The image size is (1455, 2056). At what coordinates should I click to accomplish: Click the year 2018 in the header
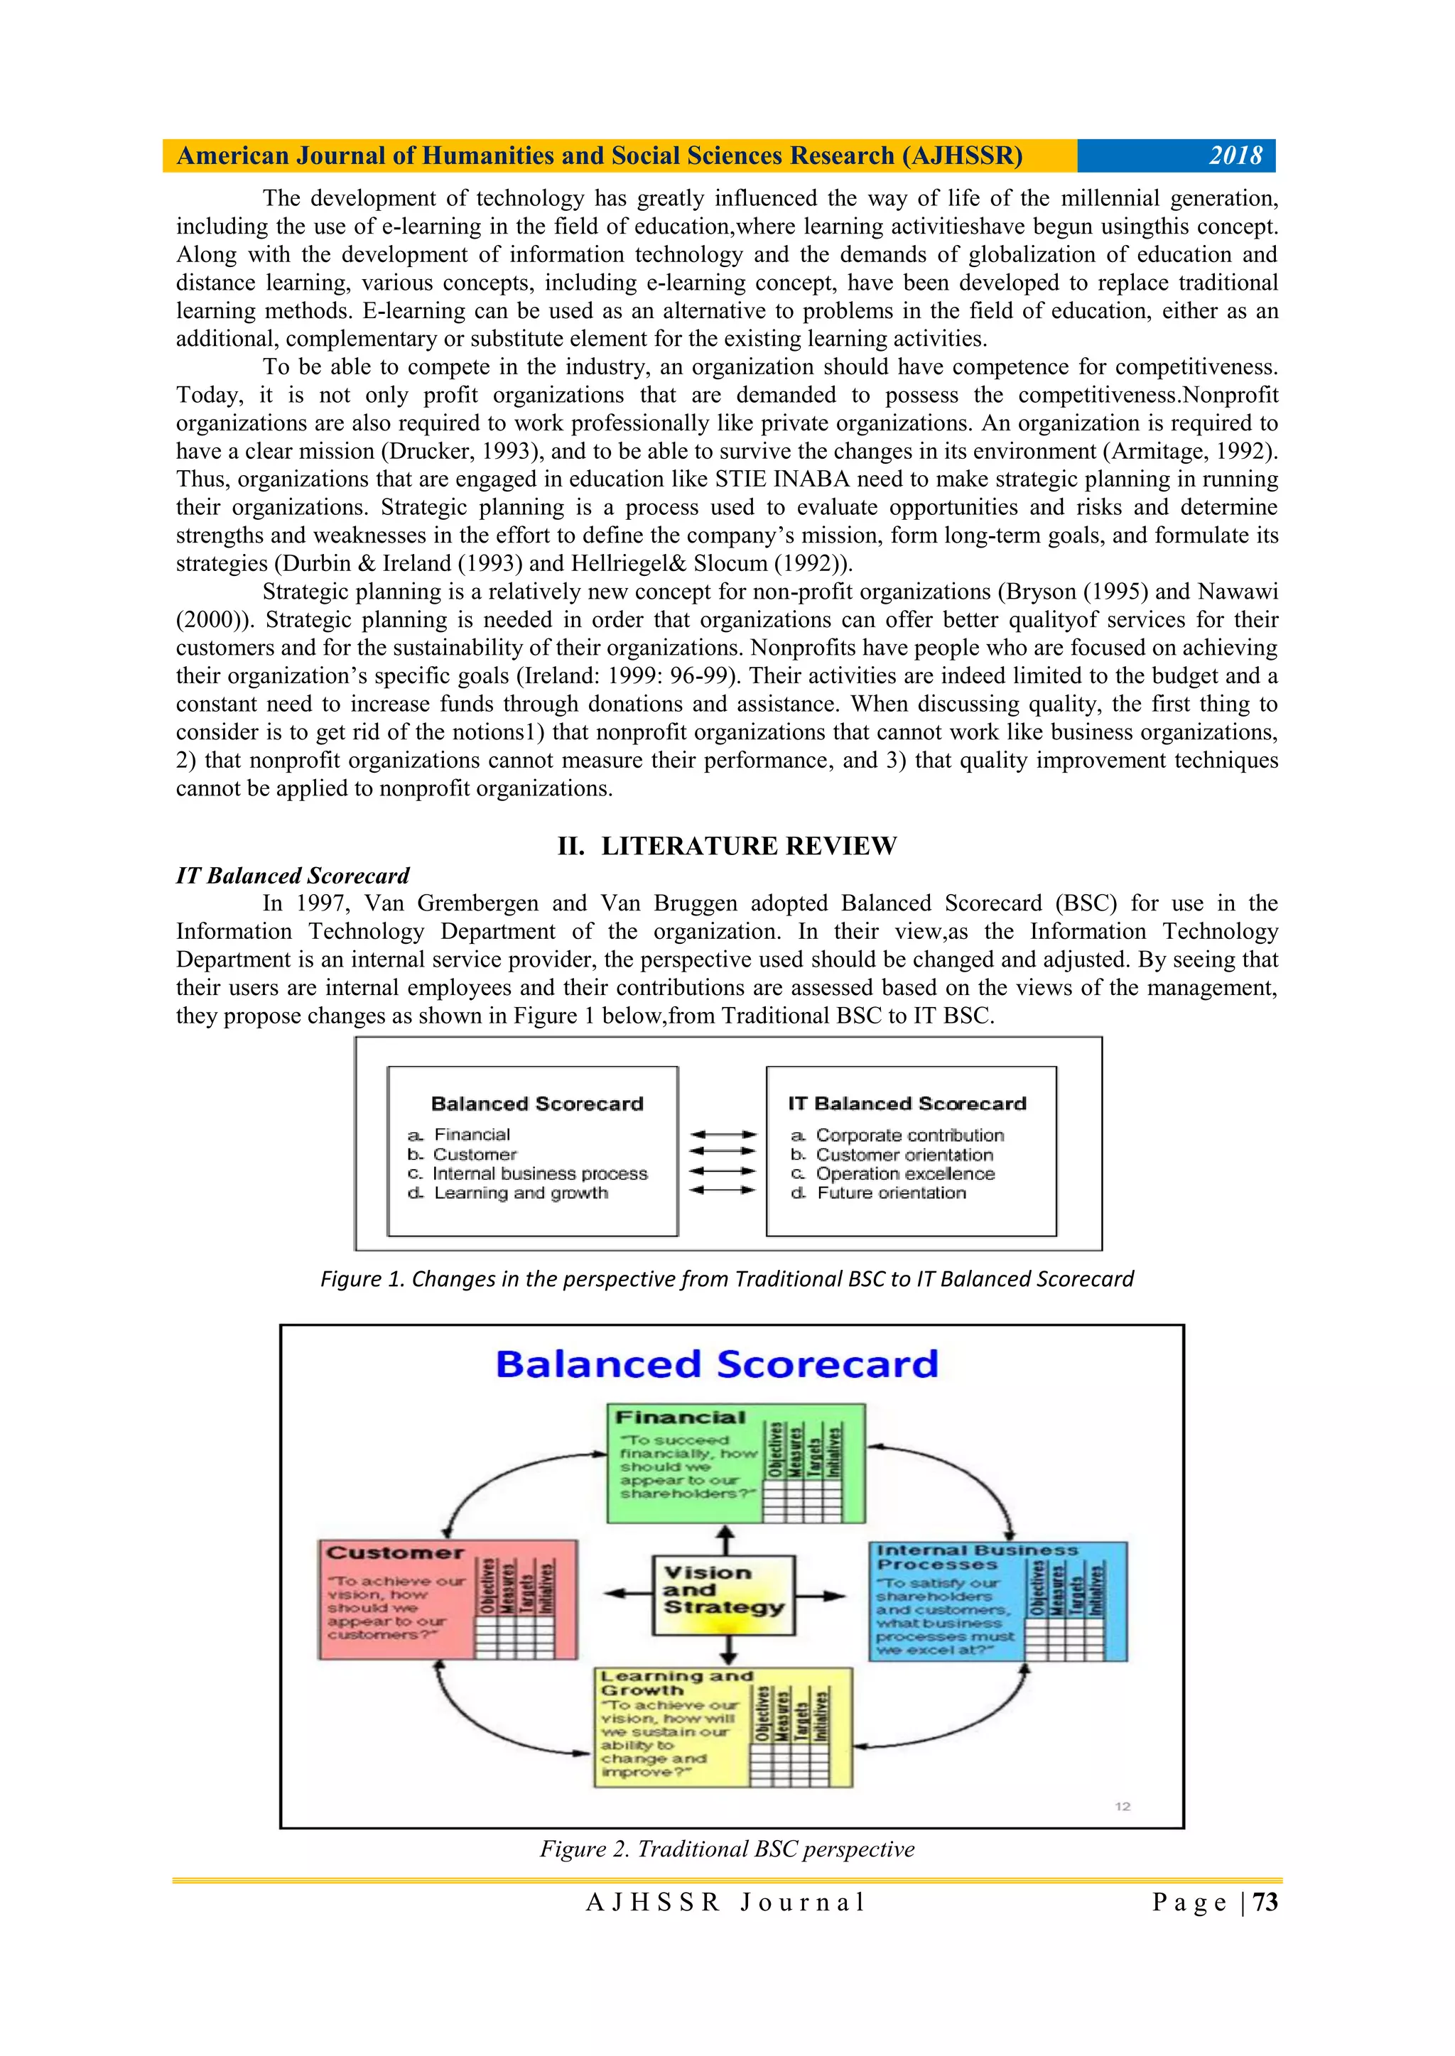click(x=1235, y=156)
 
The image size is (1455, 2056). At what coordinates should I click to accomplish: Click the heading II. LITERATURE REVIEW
click(x=727, y=847)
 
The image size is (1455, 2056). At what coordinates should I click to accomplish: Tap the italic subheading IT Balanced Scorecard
click(x=292, y=876)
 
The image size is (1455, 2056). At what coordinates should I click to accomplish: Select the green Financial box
click(x=735, y=1463)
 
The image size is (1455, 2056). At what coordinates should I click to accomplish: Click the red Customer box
click(x=448, y=1600)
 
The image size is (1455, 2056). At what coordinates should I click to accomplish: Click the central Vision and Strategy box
click(x=724, y=1595)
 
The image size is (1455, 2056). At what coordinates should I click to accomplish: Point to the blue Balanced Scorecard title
click(x=717, y=1365)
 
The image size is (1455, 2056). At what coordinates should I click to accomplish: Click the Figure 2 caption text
click(x=727, y=1849)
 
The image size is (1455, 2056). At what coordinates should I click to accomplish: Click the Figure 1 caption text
click(x=727, y=1279)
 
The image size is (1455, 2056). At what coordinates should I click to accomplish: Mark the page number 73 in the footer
click(x=1265, y=1902)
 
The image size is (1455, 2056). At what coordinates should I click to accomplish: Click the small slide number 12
click(x=1123, y=1806)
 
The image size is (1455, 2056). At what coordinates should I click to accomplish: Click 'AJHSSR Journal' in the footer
click(x=727, y=1902)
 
